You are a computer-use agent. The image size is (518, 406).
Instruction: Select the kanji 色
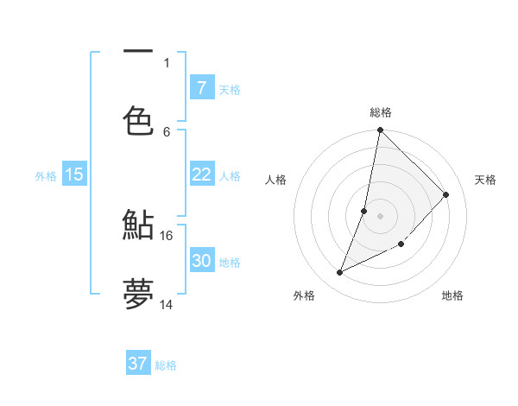click(138, 120)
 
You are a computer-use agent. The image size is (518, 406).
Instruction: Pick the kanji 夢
click(138, 293)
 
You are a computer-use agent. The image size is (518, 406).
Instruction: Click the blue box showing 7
click(201, 87)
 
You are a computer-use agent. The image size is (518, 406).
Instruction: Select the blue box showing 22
click(201, 174)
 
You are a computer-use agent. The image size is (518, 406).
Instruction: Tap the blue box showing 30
click(201, 261)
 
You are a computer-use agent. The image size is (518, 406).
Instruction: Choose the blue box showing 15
click(74, 174)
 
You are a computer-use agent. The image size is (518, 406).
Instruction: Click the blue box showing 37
click(138, 364)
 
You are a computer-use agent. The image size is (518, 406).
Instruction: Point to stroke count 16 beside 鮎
click(167, 235)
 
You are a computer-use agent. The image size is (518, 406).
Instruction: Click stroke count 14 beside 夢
click(167, 304)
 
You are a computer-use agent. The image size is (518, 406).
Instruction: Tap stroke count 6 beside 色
click(167, 131)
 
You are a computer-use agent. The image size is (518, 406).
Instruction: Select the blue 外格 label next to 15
click(46, 175)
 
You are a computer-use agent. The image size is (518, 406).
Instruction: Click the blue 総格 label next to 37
click(166, 365)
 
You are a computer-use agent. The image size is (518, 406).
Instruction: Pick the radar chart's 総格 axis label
click(381, 112)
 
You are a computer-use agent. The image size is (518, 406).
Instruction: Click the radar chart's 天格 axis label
click(485, 180)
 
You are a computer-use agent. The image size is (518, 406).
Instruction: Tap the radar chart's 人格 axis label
click(276, 180)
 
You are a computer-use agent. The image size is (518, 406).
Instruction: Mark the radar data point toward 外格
click(340, 273)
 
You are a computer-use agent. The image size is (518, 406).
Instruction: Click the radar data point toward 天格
click(446, 194)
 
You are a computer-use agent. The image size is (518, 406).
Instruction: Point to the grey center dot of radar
click(381, 216)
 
